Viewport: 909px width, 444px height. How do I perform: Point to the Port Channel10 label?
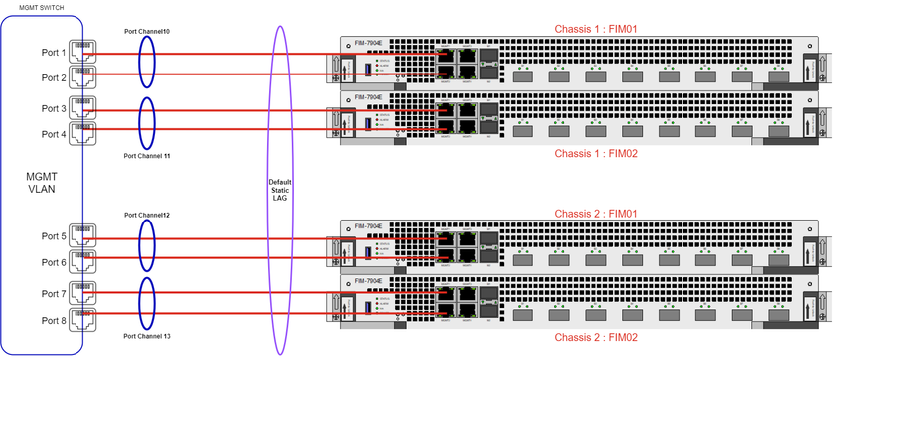click(x=146, y=32)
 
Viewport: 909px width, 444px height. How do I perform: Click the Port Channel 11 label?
click(x=146, y=156)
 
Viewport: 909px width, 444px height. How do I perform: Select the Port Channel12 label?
click(x=146, y=215)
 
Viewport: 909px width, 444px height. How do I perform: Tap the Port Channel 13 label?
click(x=146, y=337)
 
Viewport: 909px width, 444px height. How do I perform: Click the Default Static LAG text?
click(x=279, y=190)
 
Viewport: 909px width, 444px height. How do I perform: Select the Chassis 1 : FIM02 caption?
click(x=595, y=154)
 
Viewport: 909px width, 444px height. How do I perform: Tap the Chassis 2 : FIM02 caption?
click(x=595, y=338)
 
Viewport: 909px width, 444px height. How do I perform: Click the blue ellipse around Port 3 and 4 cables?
click(x=146, y=120)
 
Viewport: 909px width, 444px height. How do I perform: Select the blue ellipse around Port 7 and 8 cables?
click(x=146, y=302)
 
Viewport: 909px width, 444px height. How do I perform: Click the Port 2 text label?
click(x=54, y=77)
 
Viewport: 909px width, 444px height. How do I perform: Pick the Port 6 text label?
click(x=54, y=262)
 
